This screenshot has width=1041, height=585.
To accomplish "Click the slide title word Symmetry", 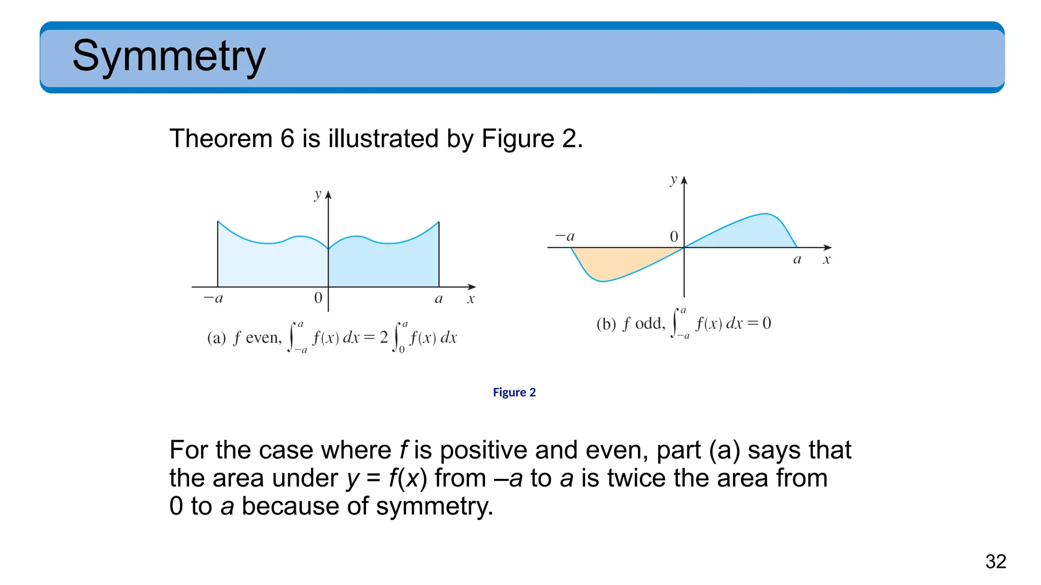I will coord(169,56).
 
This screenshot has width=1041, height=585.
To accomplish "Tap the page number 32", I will coord(995,562).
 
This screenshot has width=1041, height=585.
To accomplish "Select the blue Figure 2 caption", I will coord(514,392).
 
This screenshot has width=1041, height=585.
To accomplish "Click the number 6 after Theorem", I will coord(287,139).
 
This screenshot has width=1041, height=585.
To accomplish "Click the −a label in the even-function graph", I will coord(213,298).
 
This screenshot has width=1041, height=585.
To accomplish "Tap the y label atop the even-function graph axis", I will coord(318,194).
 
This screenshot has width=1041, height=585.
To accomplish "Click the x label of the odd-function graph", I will coord(826,260).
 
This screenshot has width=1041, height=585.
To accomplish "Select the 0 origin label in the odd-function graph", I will coord(674,237).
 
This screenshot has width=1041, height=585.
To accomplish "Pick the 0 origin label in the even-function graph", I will coord(318,298).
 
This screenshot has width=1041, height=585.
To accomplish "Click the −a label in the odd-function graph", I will coord(565,236).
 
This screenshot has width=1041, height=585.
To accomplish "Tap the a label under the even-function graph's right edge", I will coord(439,299).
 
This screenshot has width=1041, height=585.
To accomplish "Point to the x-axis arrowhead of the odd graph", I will coord(828,247).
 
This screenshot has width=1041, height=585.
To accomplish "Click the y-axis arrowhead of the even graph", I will coord(328,195).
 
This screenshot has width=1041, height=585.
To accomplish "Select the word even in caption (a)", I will coord(263,338).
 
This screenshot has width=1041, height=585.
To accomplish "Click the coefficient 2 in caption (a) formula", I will coord(384,337).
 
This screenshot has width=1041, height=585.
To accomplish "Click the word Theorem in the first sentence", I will coord(221,139).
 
